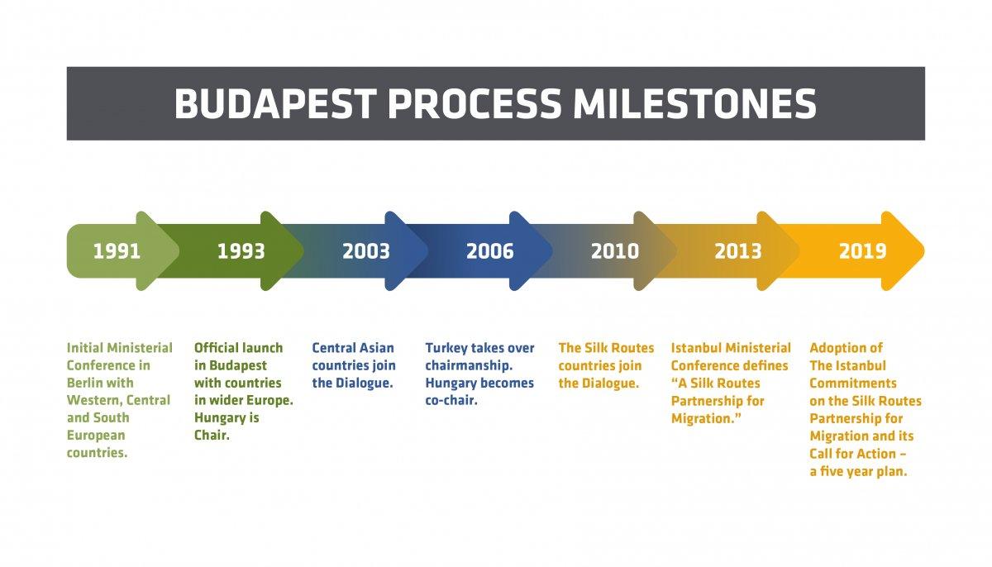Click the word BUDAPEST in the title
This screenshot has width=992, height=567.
pyautogui.click(x=275, y=103)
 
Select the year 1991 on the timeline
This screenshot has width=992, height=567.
pyautogui.click(x=117, y=251)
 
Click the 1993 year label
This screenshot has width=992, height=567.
pyautogui.click(x=241, y=251)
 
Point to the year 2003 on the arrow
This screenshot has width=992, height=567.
pyautogui.click(x=366, y=251)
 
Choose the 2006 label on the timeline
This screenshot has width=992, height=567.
pyautogui.click(x=490, y=251)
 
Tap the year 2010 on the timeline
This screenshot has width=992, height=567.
pyautogui.click(x=615, y=251)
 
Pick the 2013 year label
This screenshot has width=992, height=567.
pyautogui.click(x=738, y=251)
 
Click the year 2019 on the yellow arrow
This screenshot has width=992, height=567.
pyautogui.click(x=863, y=251)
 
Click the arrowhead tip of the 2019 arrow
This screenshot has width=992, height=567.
pyautogui.click(x=924, y=251)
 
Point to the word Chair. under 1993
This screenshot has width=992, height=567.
pyautogui.click(x=212, y=435)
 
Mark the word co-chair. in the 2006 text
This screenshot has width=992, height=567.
pyautogui.click(x=451, y=400)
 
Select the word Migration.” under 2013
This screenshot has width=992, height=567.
pyautogui.click(x=706, y=419)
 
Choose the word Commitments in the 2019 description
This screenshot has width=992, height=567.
pyautogui.click(x=853, y=383)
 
